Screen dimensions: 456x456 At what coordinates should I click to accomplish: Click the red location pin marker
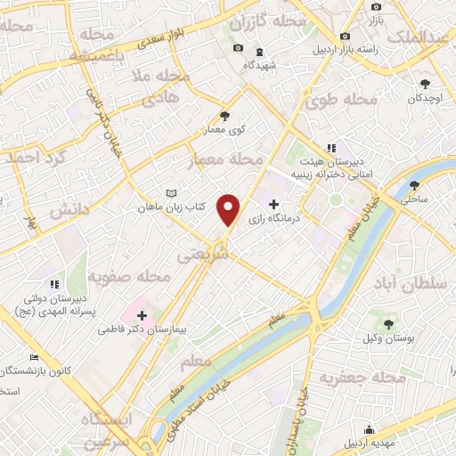230,208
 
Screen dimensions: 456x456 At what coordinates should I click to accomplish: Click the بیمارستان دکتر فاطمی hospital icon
142,314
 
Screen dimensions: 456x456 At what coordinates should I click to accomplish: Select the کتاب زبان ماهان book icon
173,192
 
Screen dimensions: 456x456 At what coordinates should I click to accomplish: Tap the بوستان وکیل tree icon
388,324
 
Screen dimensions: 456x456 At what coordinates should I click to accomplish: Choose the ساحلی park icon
413,186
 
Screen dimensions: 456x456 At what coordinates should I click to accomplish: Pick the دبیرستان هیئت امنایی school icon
330,148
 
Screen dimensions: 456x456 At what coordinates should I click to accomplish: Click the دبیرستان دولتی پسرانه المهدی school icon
53,284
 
